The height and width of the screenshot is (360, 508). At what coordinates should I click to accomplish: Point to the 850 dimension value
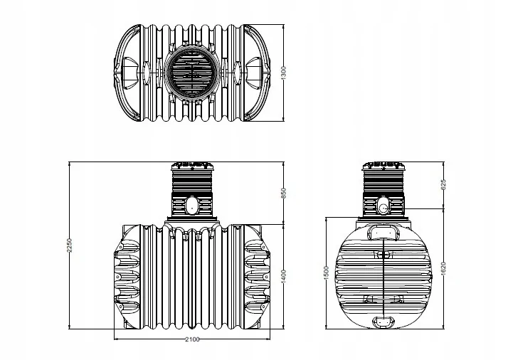pos(284,193)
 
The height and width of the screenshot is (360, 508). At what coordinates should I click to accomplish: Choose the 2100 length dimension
pos(192,339)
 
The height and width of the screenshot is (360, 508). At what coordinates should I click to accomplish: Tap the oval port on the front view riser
pos(192,207)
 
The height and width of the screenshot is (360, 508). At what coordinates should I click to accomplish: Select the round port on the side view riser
pos(383,208)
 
